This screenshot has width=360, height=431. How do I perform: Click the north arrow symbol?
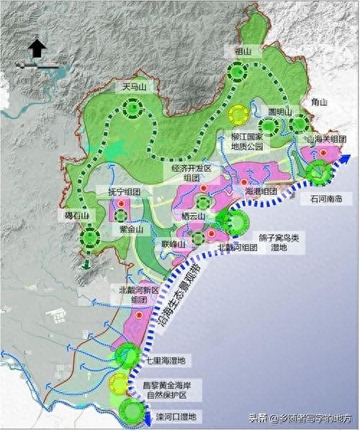point(37,49)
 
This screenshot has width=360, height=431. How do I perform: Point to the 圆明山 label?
point(279,112)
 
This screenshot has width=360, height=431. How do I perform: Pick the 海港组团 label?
point(261,192)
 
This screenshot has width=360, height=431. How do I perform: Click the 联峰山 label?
point(174,245)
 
